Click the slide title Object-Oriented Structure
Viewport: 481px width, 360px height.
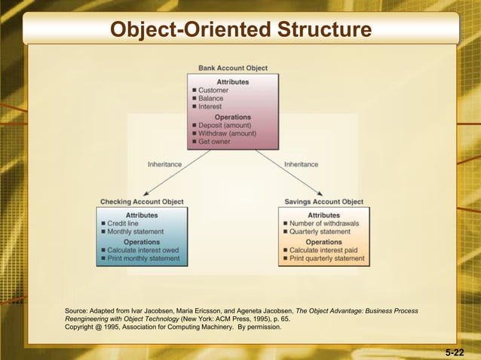240,30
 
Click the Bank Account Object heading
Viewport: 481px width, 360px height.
232,69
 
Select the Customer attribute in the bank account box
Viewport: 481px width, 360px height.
213,90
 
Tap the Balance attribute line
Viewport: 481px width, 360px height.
211,99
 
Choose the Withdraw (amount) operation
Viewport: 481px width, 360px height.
227,133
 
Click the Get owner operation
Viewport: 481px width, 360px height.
215,142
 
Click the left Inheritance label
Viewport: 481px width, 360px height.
164,164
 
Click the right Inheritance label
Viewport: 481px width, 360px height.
301,164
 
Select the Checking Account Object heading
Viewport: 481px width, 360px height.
142,202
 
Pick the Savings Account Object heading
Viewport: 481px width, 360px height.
323,202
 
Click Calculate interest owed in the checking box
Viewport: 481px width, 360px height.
143,250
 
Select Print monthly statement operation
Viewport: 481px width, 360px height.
144,258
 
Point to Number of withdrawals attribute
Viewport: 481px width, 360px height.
324,224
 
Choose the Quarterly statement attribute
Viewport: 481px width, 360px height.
320,232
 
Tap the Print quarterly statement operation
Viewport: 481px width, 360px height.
326,258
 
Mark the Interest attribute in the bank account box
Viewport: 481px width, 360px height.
211,107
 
